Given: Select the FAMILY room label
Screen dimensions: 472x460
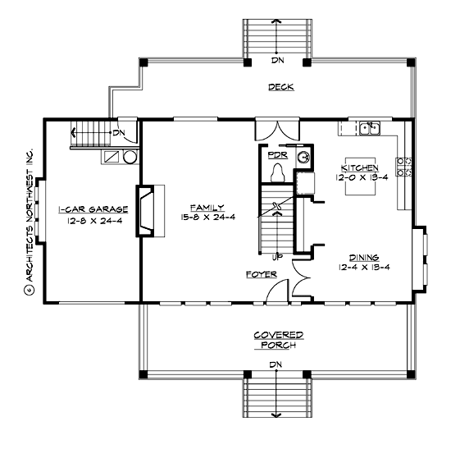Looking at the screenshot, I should (x=203, y=209).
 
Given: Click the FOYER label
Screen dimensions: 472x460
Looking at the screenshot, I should (x=261, y=274).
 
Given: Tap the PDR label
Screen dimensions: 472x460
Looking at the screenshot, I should (x=276, y=153).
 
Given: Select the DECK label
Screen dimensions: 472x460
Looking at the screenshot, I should (x=280, y=87).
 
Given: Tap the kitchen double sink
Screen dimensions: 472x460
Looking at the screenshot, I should (x=368, y=128).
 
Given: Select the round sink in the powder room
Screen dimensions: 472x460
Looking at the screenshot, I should (x=303, y=156).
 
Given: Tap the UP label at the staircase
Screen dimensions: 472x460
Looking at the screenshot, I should (x=277, y=255).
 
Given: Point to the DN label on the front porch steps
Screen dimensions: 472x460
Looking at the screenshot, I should (x=279, y=364).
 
